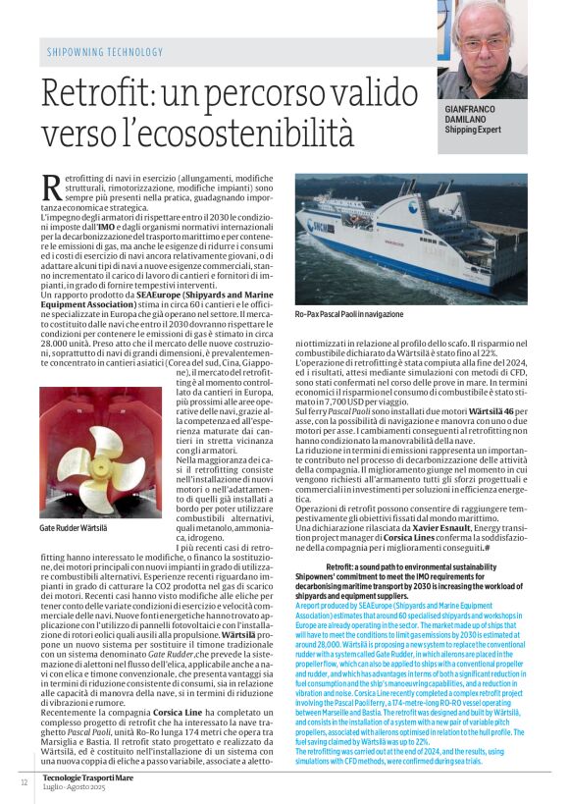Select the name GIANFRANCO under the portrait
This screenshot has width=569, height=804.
pyautogui.click(x=476, y=109)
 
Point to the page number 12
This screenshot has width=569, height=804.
pyautogui.click(x=24, y=781)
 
